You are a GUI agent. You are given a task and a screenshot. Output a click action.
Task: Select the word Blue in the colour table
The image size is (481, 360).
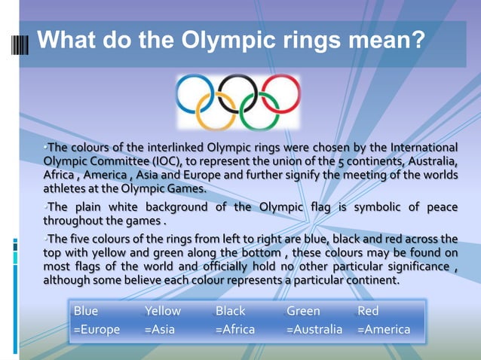pos(86,311)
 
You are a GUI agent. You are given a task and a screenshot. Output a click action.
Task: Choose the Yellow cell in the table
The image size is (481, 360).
pos(163,311)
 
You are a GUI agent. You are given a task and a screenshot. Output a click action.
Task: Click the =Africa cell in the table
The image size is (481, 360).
pos(234,329)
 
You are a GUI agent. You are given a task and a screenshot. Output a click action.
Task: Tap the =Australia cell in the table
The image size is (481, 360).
pos(314,329)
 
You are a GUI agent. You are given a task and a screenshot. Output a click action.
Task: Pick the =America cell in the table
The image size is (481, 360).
pos(384,329)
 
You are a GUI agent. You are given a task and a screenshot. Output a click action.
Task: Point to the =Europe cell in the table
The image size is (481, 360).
pos(96,329)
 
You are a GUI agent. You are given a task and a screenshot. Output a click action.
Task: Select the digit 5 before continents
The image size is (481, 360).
pos(342,161)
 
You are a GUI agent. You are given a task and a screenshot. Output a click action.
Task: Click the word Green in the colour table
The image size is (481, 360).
pos(303,311)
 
